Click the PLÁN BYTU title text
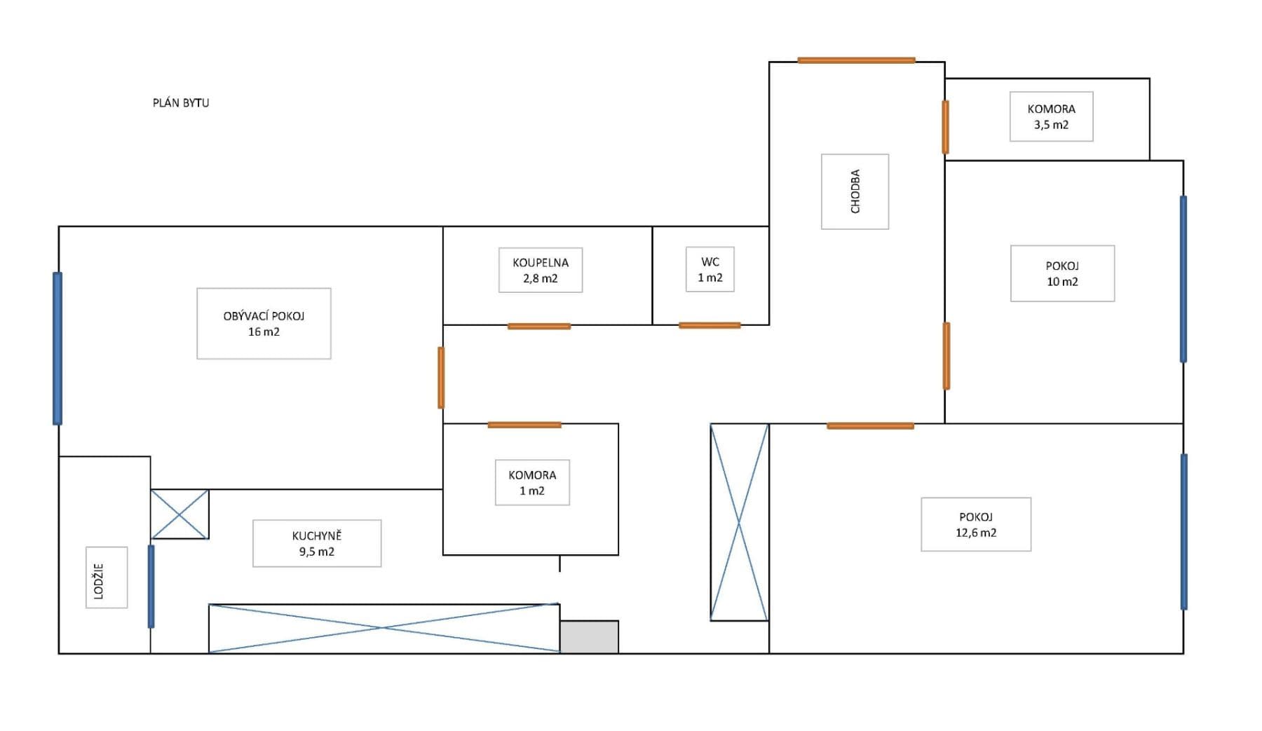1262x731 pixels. click(x=181, y=102)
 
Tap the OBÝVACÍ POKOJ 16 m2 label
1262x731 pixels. click(x=264, y=324)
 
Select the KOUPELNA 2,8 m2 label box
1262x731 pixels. click(x=541, y=270)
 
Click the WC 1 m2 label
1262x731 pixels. click(x=710, y=269)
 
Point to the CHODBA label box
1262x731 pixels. click(x=855, y=191)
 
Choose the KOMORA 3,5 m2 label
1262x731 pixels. click(x=1051, y=116)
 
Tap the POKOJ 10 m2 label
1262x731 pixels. click(x=1062, y=273)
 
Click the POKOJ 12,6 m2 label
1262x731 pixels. click(x=976, y=524)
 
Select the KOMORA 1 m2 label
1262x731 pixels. click(x=532, y=482)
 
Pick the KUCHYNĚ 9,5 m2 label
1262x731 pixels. click(x=317, y=543)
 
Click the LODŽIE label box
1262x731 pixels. click(x=107, y=578)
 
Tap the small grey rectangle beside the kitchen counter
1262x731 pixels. click(x=589, y=636)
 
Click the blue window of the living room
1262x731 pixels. click(x=57, y=348)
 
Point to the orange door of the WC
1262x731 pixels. click(x=710, y=325)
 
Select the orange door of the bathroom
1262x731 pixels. click(x=539, y=326)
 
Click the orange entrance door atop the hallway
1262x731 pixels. click(x=856, y=60)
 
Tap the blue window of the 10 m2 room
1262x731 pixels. click(x=1183, y=279)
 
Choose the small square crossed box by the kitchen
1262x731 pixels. click(x=180, y=514)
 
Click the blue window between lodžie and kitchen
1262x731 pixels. click(x=151, y=586)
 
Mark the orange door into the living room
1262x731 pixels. click(x=441, y=377)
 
